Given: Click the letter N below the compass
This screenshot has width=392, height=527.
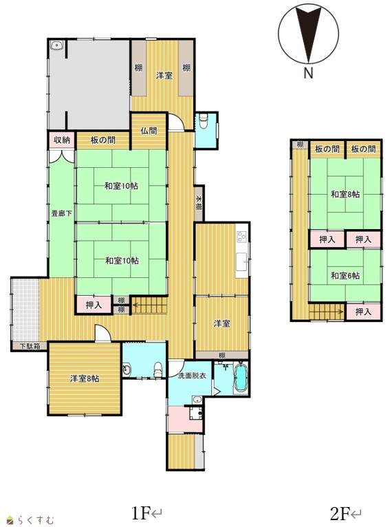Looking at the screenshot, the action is tap(308, 73).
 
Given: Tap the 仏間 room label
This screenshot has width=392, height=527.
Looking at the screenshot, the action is tap(149, 131).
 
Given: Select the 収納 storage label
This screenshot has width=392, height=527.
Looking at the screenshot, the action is tap(62, 140).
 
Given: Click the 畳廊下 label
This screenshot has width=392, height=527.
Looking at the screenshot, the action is tap(62, 213).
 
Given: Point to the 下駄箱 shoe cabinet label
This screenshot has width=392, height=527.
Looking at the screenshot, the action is tap(30, 346).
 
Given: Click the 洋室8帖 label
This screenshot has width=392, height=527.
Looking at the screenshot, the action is tap(85, 378).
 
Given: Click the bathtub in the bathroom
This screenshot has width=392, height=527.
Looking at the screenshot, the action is tap(241, 378).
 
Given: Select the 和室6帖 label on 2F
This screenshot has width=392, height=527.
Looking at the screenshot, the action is tap(345, 276).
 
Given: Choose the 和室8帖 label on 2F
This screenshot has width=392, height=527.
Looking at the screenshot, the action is tap(345, 194).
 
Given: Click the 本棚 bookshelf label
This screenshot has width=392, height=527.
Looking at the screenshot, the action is tap(199, 203).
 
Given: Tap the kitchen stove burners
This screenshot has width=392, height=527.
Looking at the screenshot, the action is tap(241, 237).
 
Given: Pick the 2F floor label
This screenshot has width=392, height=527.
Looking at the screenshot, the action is tap(345, 513).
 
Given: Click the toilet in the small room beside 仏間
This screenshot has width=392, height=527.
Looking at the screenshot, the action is tap(204, 120).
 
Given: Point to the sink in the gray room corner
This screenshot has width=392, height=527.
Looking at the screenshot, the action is tap(56, 45).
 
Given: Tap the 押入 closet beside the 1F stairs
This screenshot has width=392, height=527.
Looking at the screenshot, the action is tap(94, 305).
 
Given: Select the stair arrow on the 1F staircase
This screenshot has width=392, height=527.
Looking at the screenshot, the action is tap(150, 305).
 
